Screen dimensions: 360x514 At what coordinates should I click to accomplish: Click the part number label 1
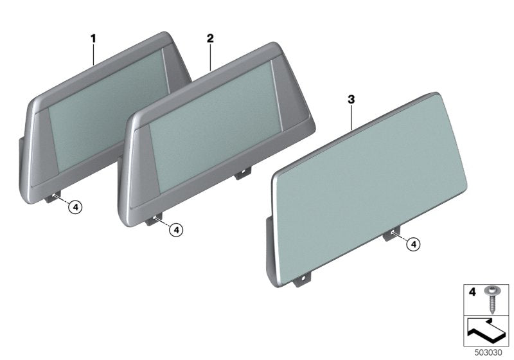click(93, 39)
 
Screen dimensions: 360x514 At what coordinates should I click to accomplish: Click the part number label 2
click(209, 39)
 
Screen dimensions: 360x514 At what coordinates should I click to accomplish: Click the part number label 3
click(351, 100)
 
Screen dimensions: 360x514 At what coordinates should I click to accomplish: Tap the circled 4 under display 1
click(75, 207)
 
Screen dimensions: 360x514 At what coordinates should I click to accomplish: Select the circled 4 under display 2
click(175, 228)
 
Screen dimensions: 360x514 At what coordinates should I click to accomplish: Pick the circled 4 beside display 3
click(414, 244)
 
